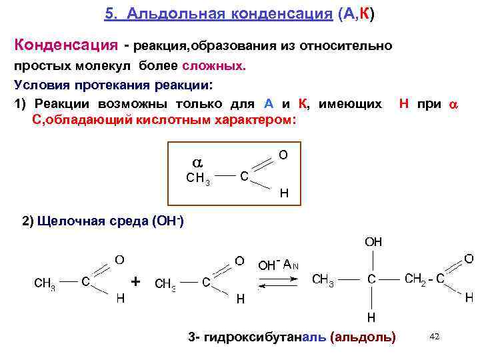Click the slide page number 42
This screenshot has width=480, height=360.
(x=435, y=337)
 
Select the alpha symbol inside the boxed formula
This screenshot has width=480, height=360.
(x=197, y=163)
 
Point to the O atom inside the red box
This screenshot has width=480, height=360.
(x=283, y=155)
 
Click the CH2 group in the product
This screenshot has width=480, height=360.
(x=419, y=278)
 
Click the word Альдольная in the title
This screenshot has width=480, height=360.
(x=164, y=14)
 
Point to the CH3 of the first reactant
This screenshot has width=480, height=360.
(x=45, y=283)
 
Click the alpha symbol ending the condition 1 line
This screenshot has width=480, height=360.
(x=453, y=105)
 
